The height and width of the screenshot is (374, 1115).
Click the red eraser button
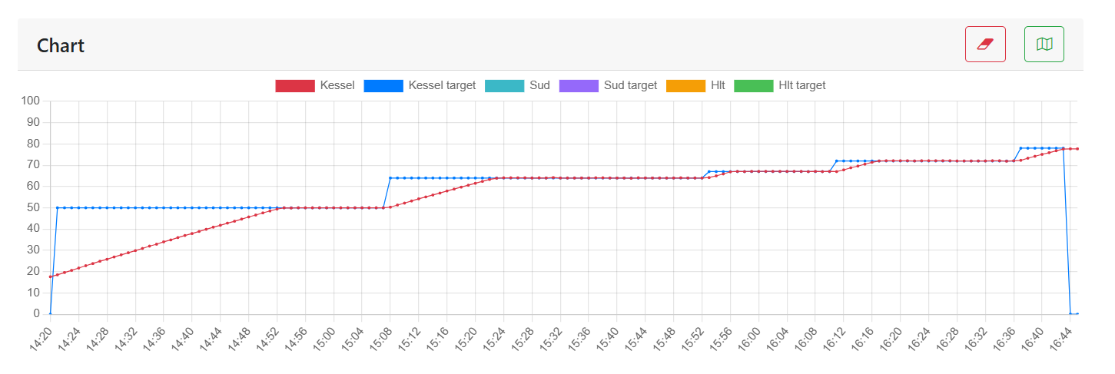(x=985, y=44)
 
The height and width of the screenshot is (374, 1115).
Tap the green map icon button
(x=1044, y=44)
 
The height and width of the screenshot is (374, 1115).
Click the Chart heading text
(x=61, y=45)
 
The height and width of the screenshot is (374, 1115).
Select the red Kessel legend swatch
(x=295, y=85)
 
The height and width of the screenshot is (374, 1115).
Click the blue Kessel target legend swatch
(x=383, y=85)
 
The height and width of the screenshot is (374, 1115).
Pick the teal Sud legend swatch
(x=505, y=85)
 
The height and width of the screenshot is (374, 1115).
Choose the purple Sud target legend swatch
(x=579, y=85)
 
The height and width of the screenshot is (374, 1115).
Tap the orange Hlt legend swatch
(x=685, y=85)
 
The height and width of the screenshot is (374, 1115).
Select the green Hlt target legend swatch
(x=753, y=85)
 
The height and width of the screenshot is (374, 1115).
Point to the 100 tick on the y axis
(x=31, y=101)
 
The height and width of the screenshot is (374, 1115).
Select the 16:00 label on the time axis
(x=748, y=339)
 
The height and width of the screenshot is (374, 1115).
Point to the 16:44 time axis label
(x=1060, y=339)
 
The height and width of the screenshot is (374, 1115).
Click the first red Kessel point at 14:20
(x=51, y=276)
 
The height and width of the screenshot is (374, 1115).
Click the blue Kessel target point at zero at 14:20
(x=51, y=313)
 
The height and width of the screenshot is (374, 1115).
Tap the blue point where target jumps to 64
(x=390, y=178)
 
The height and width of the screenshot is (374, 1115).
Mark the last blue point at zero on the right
(x=1077, y=313)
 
